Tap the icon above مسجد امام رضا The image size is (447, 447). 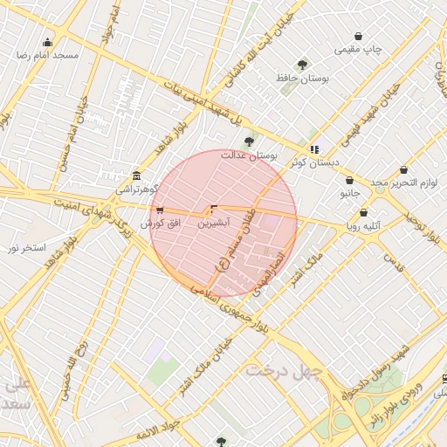point(47,42)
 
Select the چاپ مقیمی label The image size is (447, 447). point(361,50)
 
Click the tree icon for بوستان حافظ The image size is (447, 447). point(302,65)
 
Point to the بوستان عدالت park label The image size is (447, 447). point(248,155)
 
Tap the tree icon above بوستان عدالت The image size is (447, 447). point(249,141)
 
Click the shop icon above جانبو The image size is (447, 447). point(349,181)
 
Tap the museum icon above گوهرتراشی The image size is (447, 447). point(135,175)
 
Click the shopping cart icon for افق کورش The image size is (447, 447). point(159,210)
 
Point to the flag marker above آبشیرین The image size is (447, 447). point(213,210)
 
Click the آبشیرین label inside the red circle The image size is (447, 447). point(213,223)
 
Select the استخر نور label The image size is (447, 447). point(26,249)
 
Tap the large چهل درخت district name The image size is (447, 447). point(284,370)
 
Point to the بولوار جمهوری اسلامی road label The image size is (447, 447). point(227,306)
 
